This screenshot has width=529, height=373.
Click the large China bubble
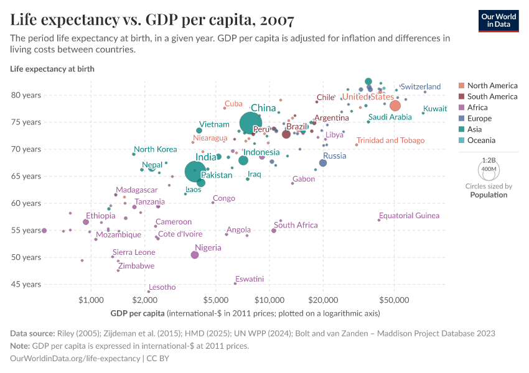251,123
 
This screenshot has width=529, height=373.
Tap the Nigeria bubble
195,255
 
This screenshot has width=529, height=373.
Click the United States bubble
395,106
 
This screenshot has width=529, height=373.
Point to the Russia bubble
323,163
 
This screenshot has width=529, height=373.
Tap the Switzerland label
420,86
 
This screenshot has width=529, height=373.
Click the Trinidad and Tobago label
390,140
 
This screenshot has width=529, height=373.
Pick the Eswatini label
250,279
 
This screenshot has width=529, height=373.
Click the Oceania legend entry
482,140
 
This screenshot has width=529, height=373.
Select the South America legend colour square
461,96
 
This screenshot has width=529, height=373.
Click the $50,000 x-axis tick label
394,300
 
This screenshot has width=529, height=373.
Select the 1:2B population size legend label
489,160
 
